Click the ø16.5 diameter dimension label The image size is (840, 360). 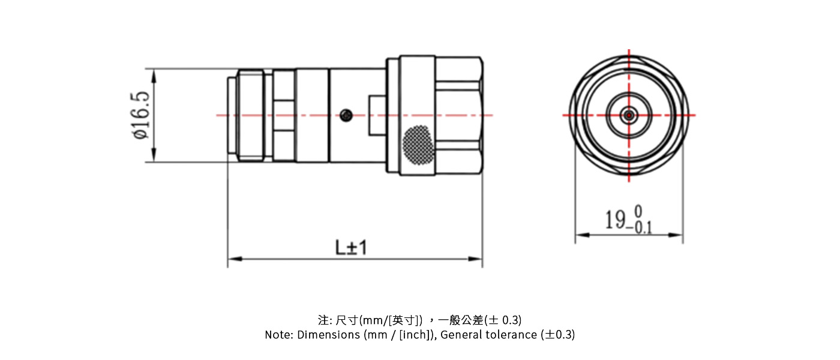point(142,115)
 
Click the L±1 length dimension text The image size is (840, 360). point(351,247)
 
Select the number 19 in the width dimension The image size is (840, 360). point(614,220)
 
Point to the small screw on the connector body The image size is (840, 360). point(345,115)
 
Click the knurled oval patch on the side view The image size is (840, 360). point(418,145)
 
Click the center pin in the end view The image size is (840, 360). point(629,115)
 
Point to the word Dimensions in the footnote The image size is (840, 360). point(329,335)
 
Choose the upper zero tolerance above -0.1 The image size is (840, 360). point(638,211)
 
